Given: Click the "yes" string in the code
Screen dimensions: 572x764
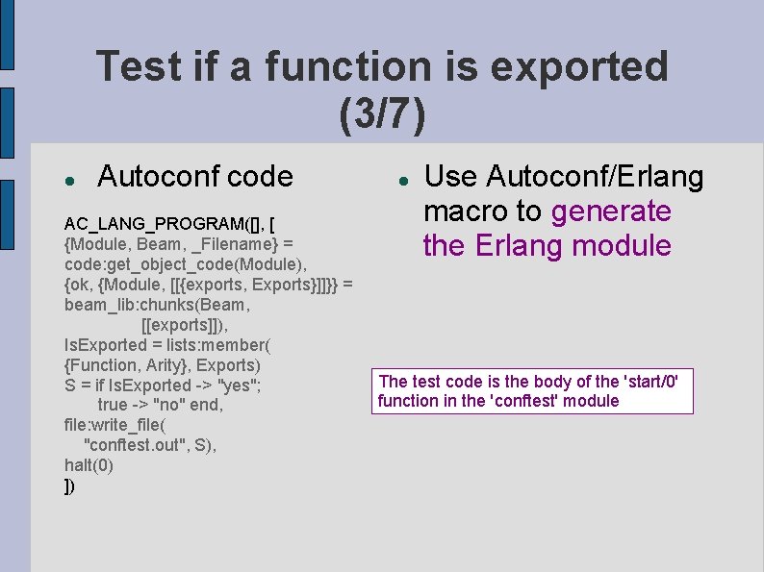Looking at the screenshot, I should [x=241, y=385].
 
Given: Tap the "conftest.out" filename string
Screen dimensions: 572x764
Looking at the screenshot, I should [x=140, y=445].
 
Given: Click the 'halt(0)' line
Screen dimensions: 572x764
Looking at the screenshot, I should [x=89, y=465].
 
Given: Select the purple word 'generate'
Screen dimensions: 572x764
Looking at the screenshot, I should [x=612, y=211].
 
